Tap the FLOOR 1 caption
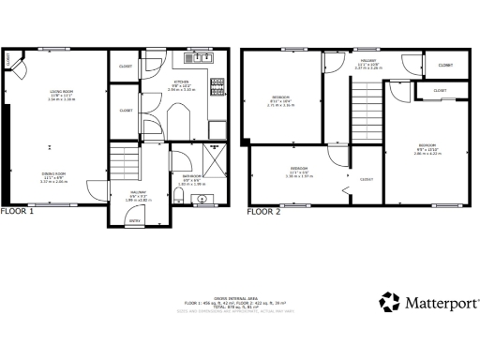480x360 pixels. (18, 212)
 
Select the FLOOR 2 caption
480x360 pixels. (264, 212)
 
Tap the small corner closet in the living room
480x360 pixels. (9, 58)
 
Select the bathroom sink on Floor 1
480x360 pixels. (203, 198)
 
